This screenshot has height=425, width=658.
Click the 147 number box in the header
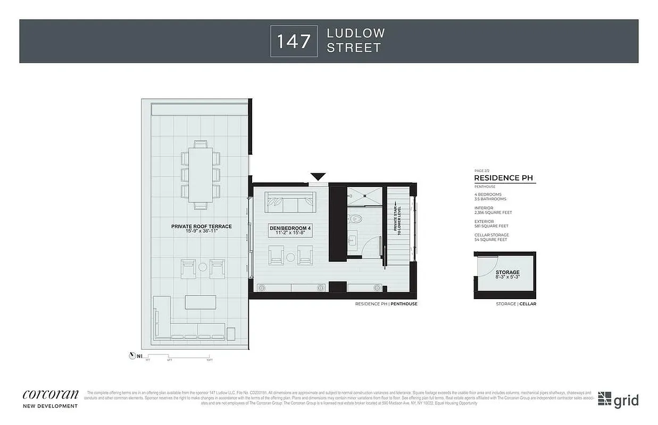pyautogui.click(x=294, y=41)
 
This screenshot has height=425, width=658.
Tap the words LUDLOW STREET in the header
pyautogui.click(x=355, y=41)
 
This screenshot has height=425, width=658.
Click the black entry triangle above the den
pyautogui.click(x=319, y=176)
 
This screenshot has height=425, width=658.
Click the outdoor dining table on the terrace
pyautogui.click(x=201, y=175)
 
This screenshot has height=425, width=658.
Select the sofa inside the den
pyautogui.click(x=290, y=202)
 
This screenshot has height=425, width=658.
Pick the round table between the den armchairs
pyautogui.click(x=290, y=257)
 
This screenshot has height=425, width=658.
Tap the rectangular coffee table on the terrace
pyautogui.click(x=200, y=302)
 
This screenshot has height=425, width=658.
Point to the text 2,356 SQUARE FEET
pyautogui.click(x=494, y=212)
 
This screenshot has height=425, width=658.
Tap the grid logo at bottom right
pyautogui.click(x=618, y=400)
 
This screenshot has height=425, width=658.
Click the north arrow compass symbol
pyautogui.click(x=132, y=355)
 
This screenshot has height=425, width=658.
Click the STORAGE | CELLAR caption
pyautogui.click(x=515, y=304)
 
